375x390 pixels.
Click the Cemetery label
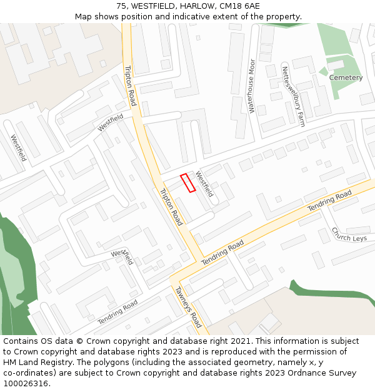(346, 78)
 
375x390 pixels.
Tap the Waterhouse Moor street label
(252, 86)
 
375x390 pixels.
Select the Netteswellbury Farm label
(292, 97)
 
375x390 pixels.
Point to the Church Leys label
(349, 234)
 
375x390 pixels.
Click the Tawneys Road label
(187, 307)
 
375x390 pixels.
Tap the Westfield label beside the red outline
(204, 183)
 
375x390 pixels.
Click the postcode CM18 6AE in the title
(241, 6)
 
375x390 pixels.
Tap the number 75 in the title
(121, 6)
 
